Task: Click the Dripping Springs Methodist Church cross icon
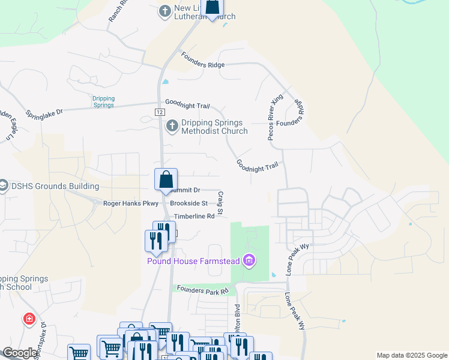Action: (x=172, y=126)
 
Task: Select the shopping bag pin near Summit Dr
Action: (x=166, y=180)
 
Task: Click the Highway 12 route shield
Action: (x=159, y=112)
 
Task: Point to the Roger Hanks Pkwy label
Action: (x=130, y=203)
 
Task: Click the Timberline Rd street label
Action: (x=194, y=216)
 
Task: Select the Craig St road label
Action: (x=220, y=203)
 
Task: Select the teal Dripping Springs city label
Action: (x=103, y=102)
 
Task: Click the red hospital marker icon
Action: (x=29, y=319)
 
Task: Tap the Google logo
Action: (x=20, y=353)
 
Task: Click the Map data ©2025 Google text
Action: (x=412, y=355)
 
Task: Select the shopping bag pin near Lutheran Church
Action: (x=212, y=7)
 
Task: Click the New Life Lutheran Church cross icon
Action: (x=164, y=11)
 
